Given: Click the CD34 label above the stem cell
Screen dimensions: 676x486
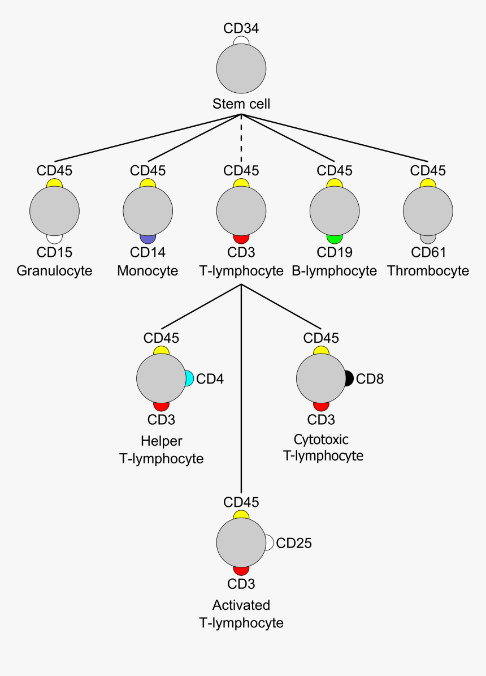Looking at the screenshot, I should [241, 28].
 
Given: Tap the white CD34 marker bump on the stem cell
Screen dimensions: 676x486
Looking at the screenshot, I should [241, 41].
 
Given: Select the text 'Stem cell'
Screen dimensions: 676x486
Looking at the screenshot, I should [241, 104].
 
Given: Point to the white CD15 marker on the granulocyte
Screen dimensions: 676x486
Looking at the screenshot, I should [54, 239].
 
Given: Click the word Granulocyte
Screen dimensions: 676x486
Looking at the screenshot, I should [54, 271].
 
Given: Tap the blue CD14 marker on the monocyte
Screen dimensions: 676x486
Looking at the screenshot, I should [147, 239].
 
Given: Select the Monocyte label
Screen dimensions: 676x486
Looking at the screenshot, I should [147, 271].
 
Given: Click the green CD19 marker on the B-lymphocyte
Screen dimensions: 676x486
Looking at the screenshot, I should [335, 239].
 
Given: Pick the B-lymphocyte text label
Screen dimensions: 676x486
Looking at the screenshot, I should [335, 271].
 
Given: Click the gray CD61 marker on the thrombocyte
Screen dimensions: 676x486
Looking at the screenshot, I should [428, 239].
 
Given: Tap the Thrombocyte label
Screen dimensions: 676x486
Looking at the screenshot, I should [428, 271].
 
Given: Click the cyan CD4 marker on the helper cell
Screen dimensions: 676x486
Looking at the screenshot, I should [189, 378].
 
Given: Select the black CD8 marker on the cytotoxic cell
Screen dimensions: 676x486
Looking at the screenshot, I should [349, 378].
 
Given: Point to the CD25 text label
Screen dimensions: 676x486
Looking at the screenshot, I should [294, 544].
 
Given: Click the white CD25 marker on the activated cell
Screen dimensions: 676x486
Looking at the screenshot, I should [270, 543].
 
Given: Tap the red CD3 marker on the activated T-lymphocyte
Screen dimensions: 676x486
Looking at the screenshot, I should [241, 571].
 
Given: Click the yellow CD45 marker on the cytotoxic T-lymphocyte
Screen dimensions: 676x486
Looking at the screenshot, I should [321, 351].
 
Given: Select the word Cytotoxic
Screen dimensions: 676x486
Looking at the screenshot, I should [321, 440].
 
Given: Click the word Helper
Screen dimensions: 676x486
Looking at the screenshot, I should [162, 441].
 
